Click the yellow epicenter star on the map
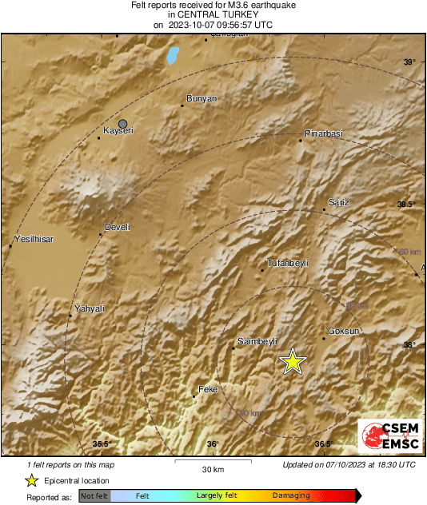click(x=293, y=361)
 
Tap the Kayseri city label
click(x=118, y=130)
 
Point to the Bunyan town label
click(x=201, y=98)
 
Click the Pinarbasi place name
click(x=324, y=133)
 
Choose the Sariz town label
click(x=339, y=203)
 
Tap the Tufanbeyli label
click(x=287, y=263)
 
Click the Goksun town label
click(x=344, y=330)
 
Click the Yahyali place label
click(x=90, y=308)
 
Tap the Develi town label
click(x=118, y=227)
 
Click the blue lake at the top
click(x=172, y=55)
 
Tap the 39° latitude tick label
click(x=409, y=62)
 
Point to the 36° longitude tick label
click(x=212, y=444)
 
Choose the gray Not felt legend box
click(x=95, y=496)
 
